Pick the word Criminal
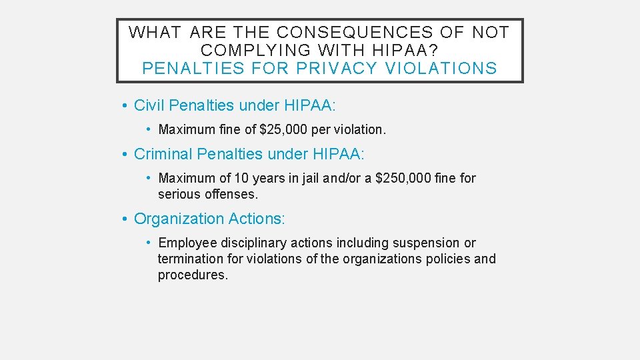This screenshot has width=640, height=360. [163, 154]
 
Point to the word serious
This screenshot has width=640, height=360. [178, 195]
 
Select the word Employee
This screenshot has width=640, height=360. [187, 243]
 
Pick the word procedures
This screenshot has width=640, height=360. [192, 275]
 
